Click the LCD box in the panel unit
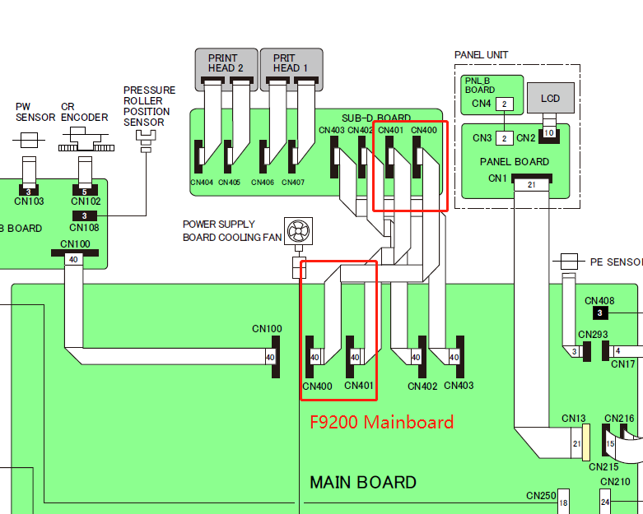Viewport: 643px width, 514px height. (550, 99)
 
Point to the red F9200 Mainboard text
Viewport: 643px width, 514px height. (381, 423)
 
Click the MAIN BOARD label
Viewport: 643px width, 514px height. (363, 483)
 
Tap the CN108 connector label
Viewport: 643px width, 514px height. (84, 228)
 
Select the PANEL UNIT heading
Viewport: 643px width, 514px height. (482, 55)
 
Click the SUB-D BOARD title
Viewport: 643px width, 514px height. (376, 118)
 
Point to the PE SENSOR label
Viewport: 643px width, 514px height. (616, 262)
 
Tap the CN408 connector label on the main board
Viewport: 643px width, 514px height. (599, 301)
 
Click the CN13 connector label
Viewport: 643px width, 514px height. (574, 418)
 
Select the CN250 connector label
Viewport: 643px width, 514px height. (542, 496)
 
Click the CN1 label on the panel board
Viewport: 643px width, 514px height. (497, 178)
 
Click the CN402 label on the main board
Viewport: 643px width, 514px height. (422, 386)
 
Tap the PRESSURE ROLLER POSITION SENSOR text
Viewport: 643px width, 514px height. (149, 106)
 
